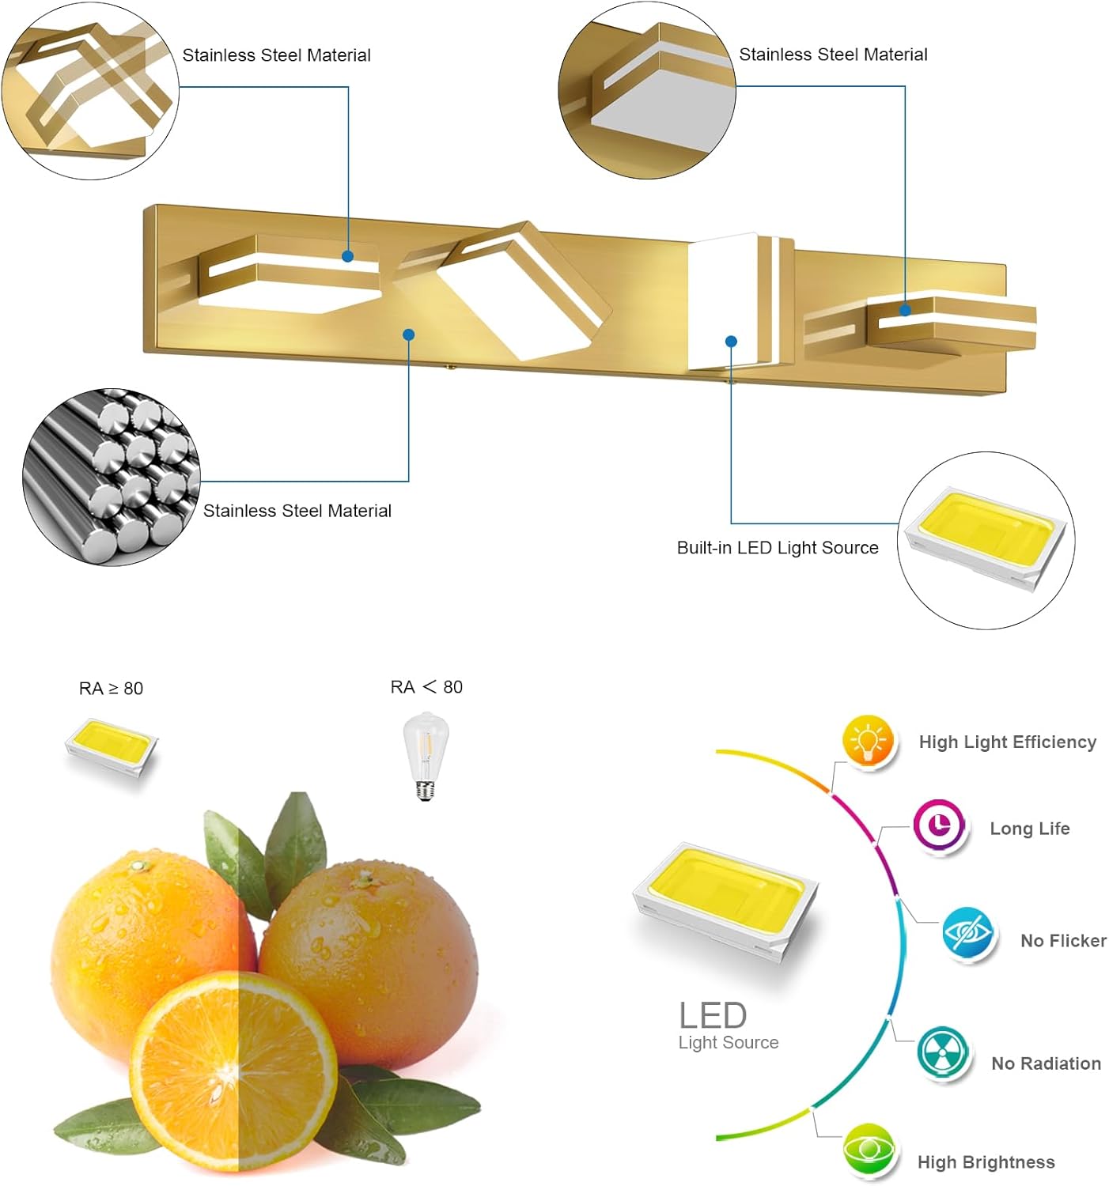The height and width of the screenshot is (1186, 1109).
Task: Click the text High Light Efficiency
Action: [x=1008, y=742]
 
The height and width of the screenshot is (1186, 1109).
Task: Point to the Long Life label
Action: [x=1030, y=829]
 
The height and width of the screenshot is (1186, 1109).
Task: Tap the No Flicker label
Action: [x=1064, y=941]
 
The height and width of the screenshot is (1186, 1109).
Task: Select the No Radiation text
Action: [x=1047, y=1063]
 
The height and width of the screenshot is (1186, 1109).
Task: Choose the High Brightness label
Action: [x=986, y=1162]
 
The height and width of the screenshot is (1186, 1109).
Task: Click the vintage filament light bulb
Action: [x=426, y=756]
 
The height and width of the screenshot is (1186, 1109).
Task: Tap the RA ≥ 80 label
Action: [x=112, y=689]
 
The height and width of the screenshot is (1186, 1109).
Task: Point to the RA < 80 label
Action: [x=426, y=687]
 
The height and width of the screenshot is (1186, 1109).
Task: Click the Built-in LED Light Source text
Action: [x=778, y=548]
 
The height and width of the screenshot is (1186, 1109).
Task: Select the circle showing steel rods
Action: [x=112, y=477]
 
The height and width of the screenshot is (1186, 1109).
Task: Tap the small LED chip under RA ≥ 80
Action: [x=112, y=746]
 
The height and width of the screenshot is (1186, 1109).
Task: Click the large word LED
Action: [x=713, y=1015]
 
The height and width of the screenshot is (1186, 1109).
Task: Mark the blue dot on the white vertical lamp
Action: [x=731, y=342]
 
